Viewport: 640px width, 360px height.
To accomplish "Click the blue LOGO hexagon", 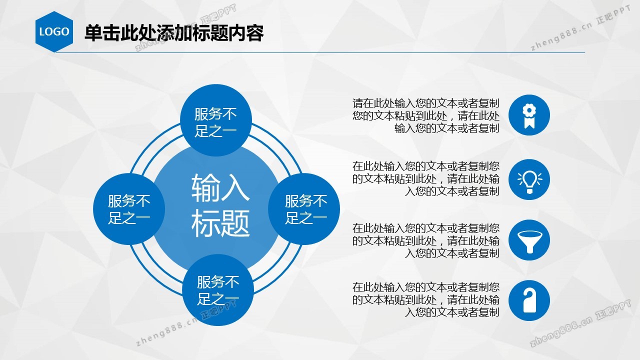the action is pyautogui.click(x=54, y=31).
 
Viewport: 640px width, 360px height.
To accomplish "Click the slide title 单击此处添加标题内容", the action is pyautogui.click(x=174, y=33).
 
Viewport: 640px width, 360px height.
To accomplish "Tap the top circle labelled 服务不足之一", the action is pyautogui.click(x=216, y=120).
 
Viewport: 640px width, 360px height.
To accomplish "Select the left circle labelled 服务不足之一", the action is pyautogui.click(x=129, y=209).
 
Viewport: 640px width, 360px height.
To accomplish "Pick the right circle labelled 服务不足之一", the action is pyautogui.click(x=304, y=209).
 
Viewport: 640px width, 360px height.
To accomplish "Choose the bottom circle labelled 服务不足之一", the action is pyautogui.click(x=218, y=289).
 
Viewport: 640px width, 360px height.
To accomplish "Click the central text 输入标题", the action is pyautogui.click(x=220, y=205).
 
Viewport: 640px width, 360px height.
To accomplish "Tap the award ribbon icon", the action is pyautogui.click(x=529, y=115).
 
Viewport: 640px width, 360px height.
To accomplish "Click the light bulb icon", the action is pyautogui.click(x=529, y=179).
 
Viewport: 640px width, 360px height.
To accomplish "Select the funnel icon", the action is pyautogui.click(x=529, y=240).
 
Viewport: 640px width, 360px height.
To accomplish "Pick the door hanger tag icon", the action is pyautogui.click(x=529, y=300).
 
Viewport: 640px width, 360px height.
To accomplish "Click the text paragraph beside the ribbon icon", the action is pyautogui.click(x=425, y=115).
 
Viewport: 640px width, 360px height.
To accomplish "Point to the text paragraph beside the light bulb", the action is pyautogui.click(x=425, y=179).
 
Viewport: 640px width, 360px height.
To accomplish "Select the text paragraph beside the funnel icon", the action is pyautogui.click(x=425, y=241).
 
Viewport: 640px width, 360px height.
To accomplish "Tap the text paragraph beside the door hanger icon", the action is pyautogui.click(x=425, y=300).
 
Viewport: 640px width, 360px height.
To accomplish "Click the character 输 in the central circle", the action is pyautogui.click(x=205, y=188).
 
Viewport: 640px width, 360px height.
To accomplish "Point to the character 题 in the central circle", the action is pyautogui.click(x=235, y=223).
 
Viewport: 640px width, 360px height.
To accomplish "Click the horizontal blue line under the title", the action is pyautogui.click(x=320, y=52).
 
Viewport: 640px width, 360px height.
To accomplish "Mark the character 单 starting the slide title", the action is pyautogui.click(x=93, y=33).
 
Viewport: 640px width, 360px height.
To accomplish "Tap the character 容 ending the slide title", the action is pyautogui.click(x=255, y=33).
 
